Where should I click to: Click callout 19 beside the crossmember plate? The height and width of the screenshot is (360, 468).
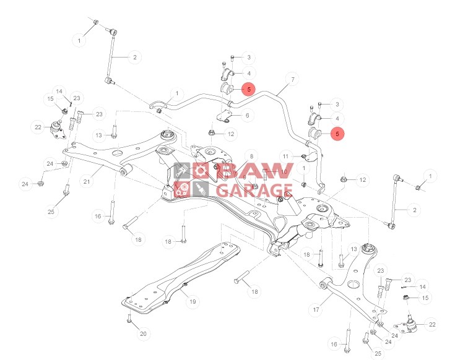[193, 302]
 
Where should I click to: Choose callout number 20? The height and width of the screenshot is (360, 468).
[143, 334]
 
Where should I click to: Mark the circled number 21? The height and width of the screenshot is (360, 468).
[87, 182]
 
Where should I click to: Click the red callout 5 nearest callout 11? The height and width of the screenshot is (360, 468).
[337, 133]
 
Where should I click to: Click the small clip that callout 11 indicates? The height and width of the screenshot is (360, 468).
[305, 156]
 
